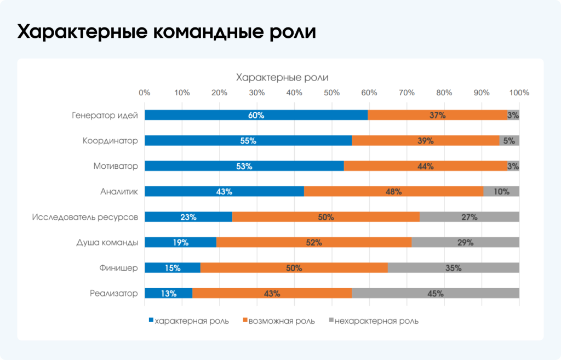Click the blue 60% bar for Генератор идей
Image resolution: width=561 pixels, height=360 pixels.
pyautogui.click(x=256, y=116)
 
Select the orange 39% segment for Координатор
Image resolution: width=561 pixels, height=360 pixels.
pyautogui.click(x=425, y=141)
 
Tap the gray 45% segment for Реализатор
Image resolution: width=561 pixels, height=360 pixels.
pyautogui.click(x=435, y=294)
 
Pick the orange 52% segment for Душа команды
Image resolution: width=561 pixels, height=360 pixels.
pyautogui.click(x=314, y=243)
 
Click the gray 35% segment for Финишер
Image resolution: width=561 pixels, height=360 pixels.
pyautogui.click(x=453, y=268)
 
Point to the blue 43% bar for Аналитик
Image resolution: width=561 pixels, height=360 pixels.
pyautogui.click(x=224, y=192)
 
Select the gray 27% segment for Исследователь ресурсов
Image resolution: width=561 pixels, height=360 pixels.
pyautogui.click(x=469, y=217)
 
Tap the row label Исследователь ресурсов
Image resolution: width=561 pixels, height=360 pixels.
pyautogui.click(x=85, y=217)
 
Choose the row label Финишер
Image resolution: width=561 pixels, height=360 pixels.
pyautogui.click(x=119, y=268)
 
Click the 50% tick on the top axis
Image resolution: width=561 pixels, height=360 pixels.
pyautogui.click(x=331, y=93)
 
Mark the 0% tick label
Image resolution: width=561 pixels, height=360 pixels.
pyautogui.click(x=145, y=93)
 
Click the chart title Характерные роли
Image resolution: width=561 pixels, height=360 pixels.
pyautogui.click(x=282, y=77)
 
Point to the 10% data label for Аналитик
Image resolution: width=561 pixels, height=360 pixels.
pyautogui.click(x=501, y=192)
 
